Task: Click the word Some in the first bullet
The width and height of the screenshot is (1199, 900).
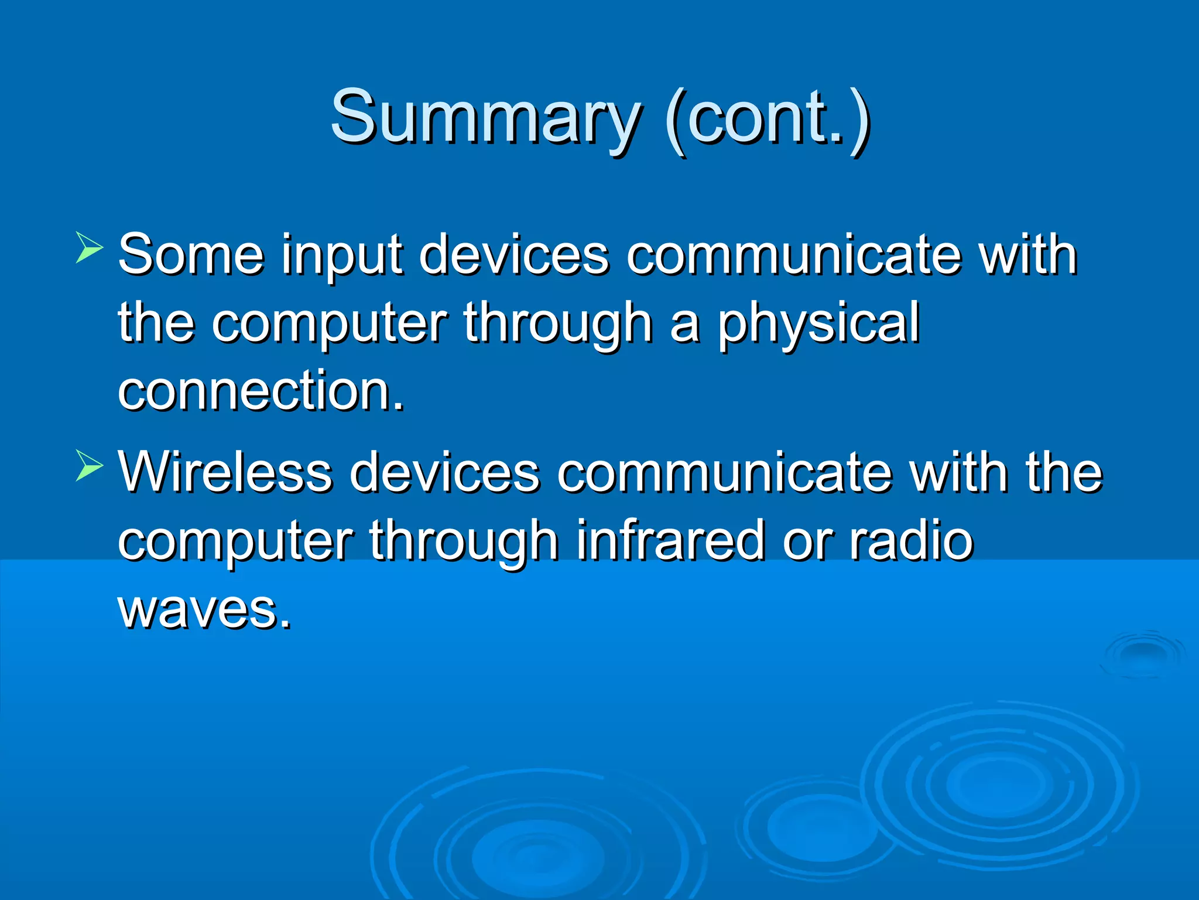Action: click(x=191, y=255)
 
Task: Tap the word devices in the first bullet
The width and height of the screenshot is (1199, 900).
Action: click(x=514, y=255)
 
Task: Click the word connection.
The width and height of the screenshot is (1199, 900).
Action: click(x=261, y=391)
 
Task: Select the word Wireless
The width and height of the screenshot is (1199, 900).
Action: click(x=225, y=472)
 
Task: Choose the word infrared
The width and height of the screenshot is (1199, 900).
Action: click(x=670, y=541)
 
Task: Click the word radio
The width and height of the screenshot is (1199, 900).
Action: click(x=911, y=541)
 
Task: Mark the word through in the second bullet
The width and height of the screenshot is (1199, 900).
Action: click(x=464, y=541)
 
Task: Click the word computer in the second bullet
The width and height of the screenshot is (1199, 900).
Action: click(x=235, y=543)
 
